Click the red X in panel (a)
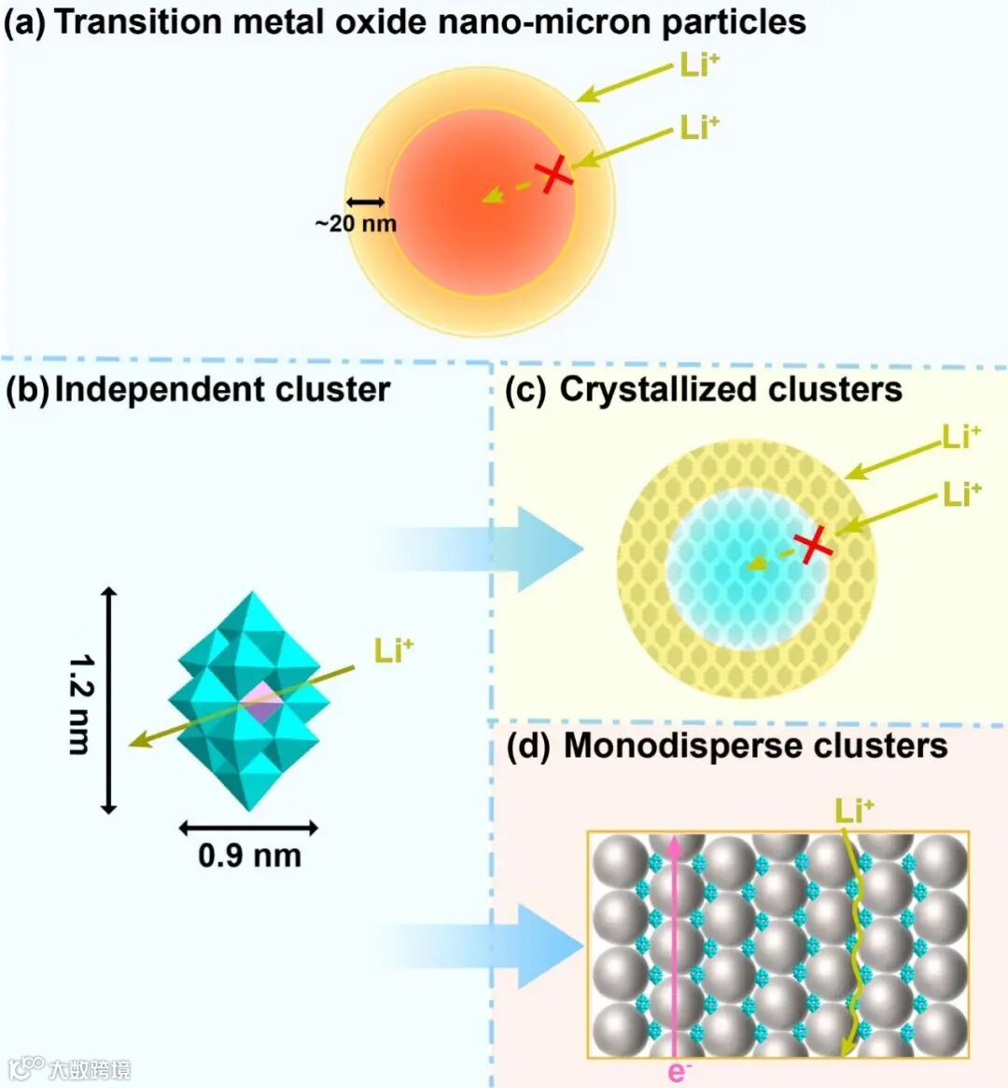(x=553, y=174)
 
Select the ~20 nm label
(x=356, y=224)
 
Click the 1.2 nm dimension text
(x=82, y=704)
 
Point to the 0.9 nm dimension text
(x=249, y=856)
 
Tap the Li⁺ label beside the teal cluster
(x=393, y=649)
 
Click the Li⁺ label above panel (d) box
(x=854, y=810)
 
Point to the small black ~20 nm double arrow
(x=365, y=202)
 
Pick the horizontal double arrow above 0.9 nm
(x=248, y=828)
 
